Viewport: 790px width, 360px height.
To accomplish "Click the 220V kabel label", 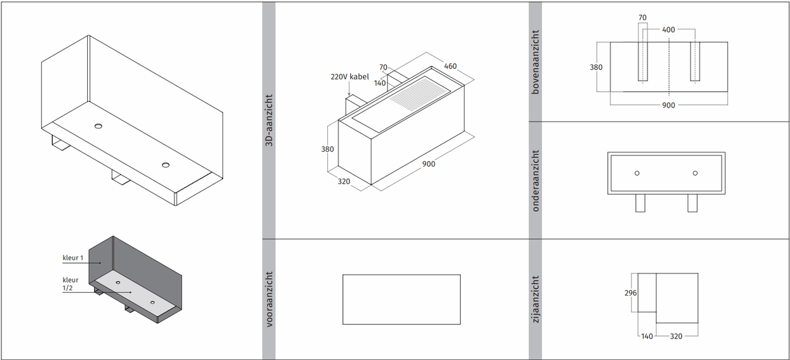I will (x=349, y=77).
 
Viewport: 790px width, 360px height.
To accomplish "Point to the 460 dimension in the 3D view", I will (x=450, y=66).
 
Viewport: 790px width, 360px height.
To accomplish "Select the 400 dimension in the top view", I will (x=669, y=30).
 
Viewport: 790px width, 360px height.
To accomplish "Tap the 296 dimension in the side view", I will (x=630, y=293).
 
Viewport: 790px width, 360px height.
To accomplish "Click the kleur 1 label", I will (x=72, y=258).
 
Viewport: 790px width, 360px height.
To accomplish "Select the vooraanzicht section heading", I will (x=269, y=299).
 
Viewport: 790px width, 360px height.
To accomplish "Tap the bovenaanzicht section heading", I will (x=536, y=61).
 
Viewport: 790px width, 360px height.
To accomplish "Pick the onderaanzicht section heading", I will (x=536, y=180).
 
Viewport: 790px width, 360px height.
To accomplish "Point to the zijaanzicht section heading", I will (x=536, y=299).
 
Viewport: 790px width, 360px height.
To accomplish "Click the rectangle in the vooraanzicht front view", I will (x=402, y=299).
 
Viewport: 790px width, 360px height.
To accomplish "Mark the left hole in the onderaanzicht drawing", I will (x=637, y=173).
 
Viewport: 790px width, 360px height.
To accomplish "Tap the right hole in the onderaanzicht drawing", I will (x=695, y=173).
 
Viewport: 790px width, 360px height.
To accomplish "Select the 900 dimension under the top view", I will (x=668, y=105).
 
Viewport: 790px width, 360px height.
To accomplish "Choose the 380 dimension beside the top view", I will (x=597, y=67).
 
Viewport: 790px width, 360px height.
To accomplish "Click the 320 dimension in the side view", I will (x=677, y=337).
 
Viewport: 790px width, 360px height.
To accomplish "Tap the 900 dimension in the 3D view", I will (x=429, y=164).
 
